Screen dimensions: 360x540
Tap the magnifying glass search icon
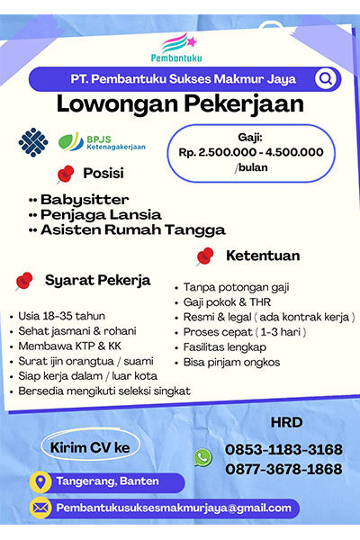[324, 79]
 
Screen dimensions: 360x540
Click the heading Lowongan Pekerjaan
[180, 103]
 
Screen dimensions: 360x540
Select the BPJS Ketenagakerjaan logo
[101, 142]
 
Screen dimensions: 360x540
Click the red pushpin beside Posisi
[66, 174]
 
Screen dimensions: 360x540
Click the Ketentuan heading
[262, 256]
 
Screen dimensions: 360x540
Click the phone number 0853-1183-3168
[283, 449]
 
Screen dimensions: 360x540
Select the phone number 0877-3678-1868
[283, 469]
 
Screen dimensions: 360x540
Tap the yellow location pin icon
[40, 481]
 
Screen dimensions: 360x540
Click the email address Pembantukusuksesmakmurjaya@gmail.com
[174, 508]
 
